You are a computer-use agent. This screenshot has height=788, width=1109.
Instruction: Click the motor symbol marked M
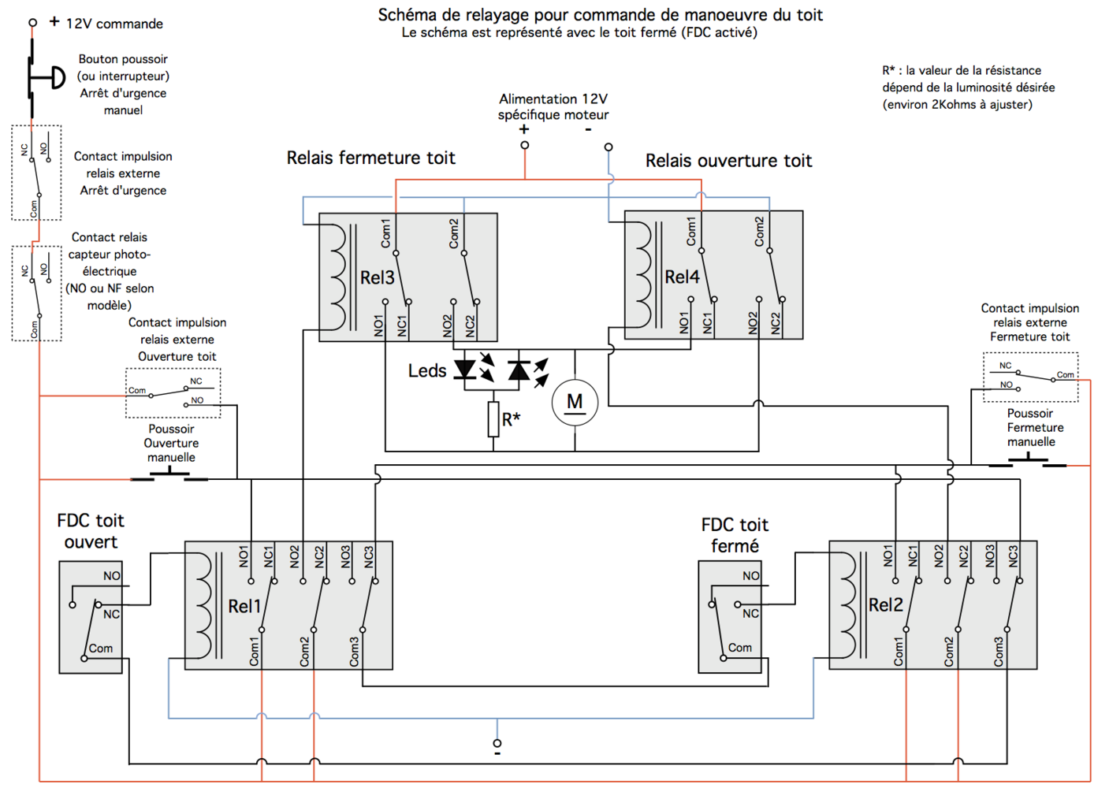(575, 403)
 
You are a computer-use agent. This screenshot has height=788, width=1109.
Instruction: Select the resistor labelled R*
(493, 419)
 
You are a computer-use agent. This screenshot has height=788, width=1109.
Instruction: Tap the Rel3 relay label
(377, 277)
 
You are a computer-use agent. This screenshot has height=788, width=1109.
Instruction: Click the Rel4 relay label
(682, 277)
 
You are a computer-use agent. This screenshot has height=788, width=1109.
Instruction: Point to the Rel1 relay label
(244, 606)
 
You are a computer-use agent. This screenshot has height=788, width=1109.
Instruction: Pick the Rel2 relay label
(885, 604)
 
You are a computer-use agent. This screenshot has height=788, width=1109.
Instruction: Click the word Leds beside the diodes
(427, 370)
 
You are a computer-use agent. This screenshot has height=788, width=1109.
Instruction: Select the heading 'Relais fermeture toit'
(370, 158)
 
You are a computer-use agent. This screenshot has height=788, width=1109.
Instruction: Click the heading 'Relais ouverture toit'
(728, 161)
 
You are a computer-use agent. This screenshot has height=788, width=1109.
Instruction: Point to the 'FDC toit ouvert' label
(91, 531)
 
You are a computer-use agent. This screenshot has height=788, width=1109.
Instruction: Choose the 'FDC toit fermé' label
(735, 535)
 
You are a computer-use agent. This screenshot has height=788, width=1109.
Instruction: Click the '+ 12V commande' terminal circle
(32, 23)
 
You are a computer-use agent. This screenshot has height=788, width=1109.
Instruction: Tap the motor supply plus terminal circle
(525, 145)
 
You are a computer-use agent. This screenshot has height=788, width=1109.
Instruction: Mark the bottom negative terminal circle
(497, 743)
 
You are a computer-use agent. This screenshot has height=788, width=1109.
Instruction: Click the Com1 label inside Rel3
(385, 233)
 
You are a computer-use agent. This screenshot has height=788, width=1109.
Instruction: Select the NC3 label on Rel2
(1013, 556)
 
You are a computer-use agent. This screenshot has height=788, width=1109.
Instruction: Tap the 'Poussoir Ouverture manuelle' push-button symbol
(169, 475)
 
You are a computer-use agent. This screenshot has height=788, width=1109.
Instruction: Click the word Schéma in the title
(406, 14)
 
